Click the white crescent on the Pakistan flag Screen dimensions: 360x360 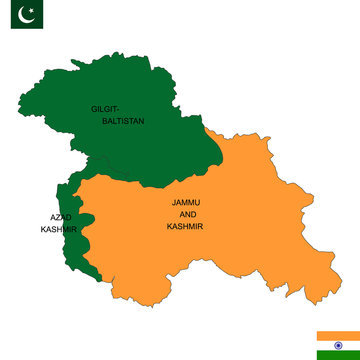[25, 15]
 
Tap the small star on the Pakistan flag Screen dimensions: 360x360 [29, 12]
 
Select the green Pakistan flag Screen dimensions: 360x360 [26, 15]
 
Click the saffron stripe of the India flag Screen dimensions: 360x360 [332, 335]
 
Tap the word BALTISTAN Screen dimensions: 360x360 [124, 121]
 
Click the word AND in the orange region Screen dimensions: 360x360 [187, 214]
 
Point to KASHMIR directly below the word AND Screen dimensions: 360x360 [187, 227]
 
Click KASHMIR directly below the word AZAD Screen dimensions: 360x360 [58, 230]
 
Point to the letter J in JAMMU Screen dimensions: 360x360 [174, 202]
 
